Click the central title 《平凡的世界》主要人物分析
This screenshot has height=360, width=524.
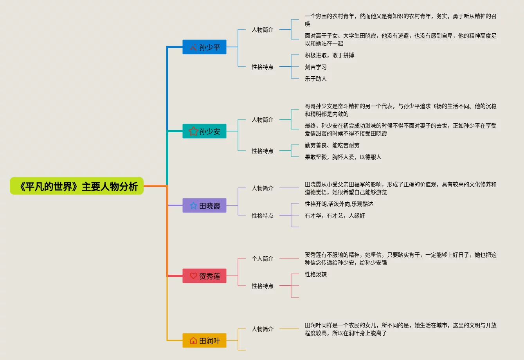[77, 186]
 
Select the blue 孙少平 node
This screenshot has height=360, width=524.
[204, 47]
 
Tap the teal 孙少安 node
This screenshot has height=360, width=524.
[204, 131]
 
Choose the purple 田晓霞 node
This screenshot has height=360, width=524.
[204, 205]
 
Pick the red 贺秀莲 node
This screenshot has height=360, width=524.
[204, 276]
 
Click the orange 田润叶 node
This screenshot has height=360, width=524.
[204, 340]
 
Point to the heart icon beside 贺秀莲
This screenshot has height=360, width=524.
[193, 276]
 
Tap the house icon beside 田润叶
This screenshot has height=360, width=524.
[193, 340]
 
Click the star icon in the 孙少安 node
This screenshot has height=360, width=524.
[193, 131]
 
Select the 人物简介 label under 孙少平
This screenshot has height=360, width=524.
[263, 30]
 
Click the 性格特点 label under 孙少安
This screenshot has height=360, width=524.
[263, 151]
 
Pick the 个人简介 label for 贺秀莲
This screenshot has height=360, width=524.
[263, 259]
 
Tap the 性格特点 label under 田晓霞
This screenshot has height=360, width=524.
[263, 216]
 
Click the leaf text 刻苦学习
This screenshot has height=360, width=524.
[316, 67]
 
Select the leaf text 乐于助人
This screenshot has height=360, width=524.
[316, 79]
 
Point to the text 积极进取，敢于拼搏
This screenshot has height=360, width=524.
[330, 55]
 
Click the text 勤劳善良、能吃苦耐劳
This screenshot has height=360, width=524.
[332, 145]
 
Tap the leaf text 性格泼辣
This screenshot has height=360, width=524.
[316, 274]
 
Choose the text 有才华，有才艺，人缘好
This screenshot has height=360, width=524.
[335, 216]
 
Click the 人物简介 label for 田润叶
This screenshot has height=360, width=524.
[263, 329]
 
